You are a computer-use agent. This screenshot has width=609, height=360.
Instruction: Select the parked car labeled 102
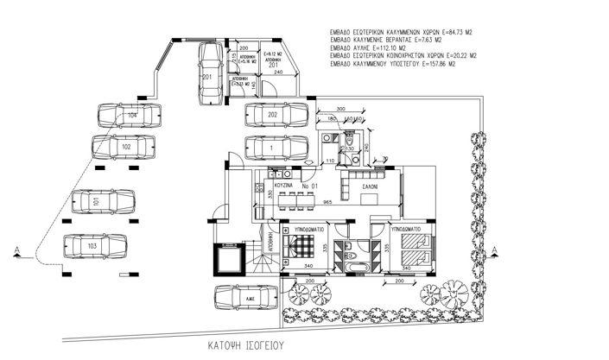coord(125,148)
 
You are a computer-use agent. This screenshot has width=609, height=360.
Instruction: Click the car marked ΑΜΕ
coord(245,298)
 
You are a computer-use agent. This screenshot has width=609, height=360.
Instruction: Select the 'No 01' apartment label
coord(309,185)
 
